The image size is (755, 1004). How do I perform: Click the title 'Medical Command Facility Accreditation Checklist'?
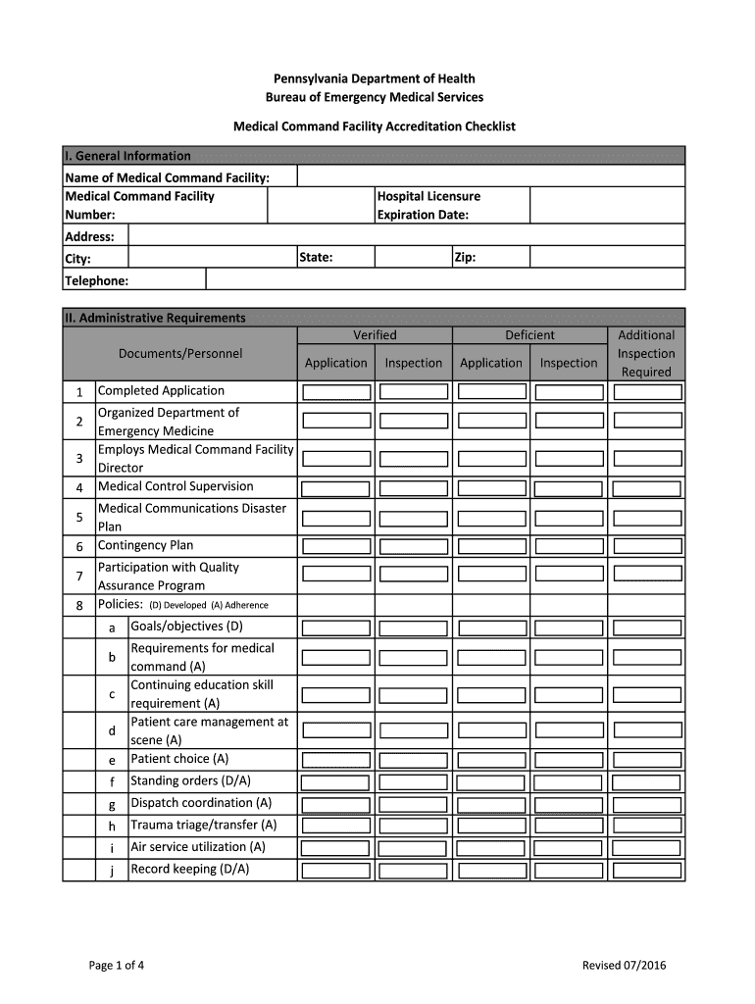point(374,126)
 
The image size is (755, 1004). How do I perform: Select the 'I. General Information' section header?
point(127,156)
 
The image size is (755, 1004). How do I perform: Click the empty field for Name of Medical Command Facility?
point(490,176)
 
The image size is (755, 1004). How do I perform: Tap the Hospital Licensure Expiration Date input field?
point(607,205)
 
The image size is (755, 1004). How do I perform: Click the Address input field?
point(406,235)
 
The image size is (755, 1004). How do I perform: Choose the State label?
point(317,257)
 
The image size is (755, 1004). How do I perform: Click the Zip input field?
point(607,257)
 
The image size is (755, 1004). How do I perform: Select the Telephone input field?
point(445,279)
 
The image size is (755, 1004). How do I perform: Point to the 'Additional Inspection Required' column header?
point(646,353)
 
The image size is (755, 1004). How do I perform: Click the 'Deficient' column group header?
point(529,335)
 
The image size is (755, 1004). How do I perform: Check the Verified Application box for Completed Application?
point(335,392)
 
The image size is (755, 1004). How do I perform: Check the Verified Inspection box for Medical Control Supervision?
point(414,488)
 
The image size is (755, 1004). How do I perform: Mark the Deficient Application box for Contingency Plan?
point(491,546)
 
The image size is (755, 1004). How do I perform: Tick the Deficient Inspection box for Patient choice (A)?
point(569,760)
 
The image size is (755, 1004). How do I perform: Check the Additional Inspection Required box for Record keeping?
point(646,870)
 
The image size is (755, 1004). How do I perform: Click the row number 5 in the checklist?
point(79,517)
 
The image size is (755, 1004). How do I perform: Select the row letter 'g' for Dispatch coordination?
point(112,804)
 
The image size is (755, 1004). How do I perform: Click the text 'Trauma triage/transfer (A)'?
point(204,825)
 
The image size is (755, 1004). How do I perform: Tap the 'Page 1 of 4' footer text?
point(117,966)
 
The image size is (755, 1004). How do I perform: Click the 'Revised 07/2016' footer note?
point(624,966)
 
